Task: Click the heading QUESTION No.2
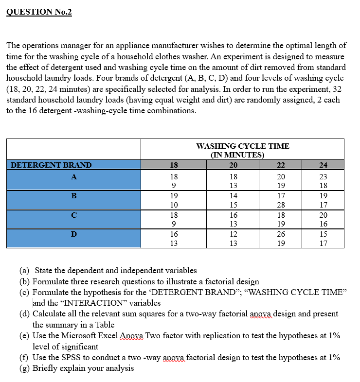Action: click(x=39, y=12)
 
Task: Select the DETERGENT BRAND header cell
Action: click(x=51, y=165)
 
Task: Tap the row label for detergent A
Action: click(x=73, y=177)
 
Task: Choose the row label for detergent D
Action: click(x=73, y=234)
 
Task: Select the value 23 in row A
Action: click(x=323, y=177)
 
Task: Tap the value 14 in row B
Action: click(x=234, y=196)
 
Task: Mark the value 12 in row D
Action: click(x=234, y=234)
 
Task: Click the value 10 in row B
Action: click(x=174, y=205)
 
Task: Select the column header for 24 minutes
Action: click(x=323, y=165)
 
